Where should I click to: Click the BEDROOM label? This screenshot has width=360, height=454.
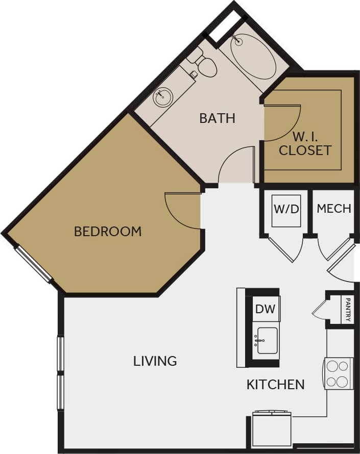point(108,231)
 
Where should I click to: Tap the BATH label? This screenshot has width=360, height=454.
point(217,118)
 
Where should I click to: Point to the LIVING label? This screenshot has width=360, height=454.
point(155,361)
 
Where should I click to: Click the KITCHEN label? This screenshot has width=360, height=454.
point(276,384)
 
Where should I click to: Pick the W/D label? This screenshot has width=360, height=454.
point(285,209)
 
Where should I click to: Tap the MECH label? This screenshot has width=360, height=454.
point(334,208)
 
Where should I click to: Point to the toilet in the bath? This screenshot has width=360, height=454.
point(205,66)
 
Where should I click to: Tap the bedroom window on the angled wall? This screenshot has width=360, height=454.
point(34,264)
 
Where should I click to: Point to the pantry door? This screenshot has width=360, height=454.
point(319,309)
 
